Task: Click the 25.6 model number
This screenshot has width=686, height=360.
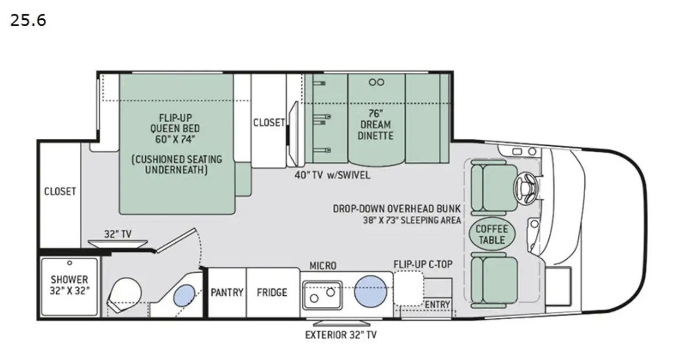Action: pos(28,21)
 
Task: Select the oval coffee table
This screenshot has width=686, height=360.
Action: pos(492,235)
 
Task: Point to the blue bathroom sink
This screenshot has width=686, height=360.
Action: pos(184,295)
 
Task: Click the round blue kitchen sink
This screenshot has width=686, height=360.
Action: pos(370,291)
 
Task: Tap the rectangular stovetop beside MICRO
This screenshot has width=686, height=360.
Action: pos(322,295)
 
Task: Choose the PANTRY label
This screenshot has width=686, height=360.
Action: pos(227,292)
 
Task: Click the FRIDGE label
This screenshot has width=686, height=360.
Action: pos(272,292)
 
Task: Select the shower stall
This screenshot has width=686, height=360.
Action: pos(70,287)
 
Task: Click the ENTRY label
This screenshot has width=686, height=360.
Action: pos(437,305)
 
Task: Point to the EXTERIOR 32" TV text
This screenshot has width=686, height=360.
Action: pos(341,335)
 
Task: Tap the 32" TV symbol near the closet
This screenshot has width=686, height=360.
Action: pos(118,244)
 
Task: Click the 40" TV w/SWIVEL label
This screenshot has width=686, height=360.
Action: pos(332,175)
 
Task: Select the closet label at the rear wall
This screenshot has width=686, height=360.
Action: pos(60,191)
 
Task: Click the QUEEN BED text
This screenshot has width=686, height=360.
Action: pos(175,128)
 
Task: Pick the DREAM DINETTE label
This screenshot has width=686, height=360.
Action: pos(376,130)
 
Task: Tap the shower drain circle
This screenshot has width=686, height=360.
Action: pos(70,263)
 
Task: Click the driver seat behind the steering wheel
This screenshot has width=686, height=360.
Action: pos(494,188)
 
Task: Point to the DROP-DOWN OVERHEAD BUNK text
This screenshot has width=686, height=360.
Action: pos(397,209)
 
